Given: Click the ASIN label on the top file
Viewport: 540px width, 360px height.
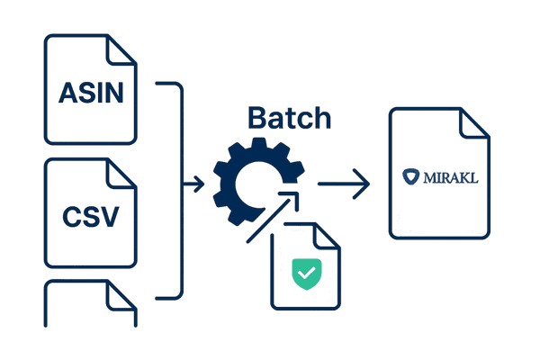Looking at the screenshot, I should point(90,92).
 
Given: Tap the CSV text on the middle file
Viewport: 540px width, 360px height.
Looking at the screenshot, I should point(90,217).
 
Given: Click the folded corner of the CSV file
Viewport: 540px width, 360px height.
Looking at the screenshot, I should point(124,174).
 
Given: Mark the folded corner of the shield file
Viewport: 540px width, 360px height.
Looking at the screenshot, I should point(331,237).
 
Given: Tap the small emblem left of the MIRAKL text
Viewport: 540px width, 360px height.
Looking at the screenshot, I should point(412,177).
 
